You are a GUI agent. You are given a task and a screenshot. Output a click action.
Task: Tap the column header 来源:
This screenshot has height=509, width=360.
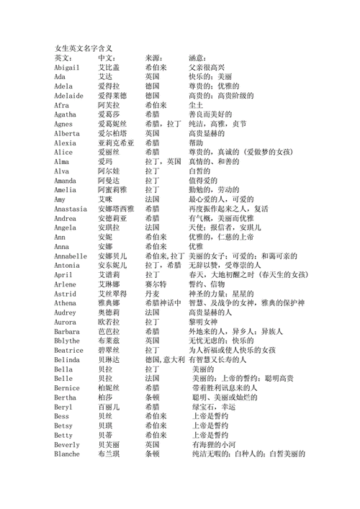[155, 58]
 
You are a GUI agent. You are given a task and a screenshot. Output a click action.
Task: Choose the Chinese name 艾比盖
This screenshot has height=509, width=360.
[109, 67]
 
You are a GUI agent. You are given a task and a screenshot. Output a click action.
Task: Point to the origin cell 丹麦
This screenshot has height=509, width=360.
[152, 294]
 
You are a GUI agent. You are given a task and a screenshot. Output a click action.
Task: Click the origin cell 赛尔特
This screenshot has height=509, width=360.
[155, 284]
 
